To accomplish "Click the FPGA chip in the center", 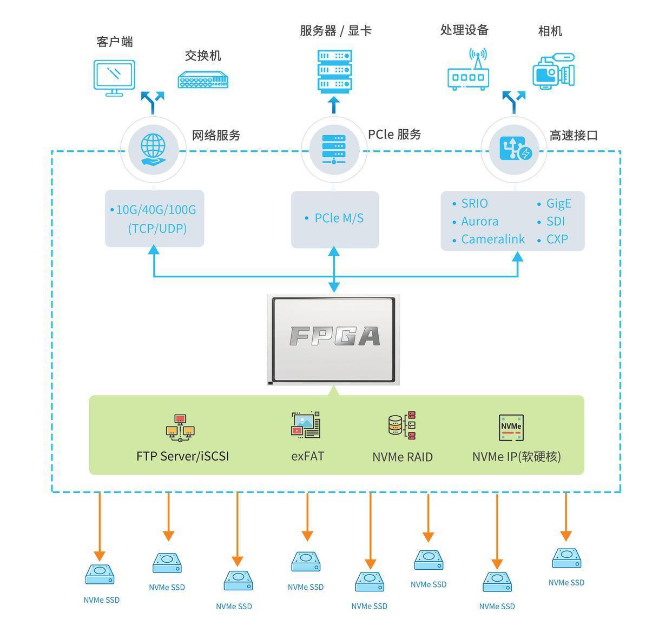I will click(334, 339).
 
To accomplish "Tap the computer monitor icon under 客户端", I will click(114, 77).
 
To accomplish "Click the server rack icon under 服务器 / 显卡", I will click(334, 70).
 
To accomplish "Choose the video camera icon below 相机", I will click(553, 71).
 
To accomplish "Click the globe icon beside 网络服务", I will click(153, 149).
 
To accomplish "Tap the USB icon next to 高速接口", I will click(515, 149).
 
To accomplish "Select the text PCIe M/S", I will click(339, 218).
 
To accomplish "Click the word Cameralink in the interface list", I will click(492, 239).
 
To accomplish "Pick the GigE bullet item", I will click(558, 203).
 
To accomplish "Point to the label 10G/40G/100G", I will click(156, 210).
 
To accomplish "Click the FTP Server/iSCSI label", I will click(182, 456).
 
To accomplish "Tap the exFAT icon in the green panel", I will click(306, 425).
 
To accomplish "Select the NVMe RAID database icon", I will click(402, 425).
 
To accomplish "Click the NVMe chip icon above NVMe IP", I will click(511, 427).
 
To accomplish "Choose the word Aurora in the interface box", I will click(479, 221).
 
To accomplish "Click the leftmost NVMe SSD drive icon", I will click(100, 575).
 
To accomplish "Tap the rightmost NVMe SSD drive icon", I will click(566, 558).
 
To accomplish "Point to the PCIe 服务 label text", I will click(394, 134).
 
